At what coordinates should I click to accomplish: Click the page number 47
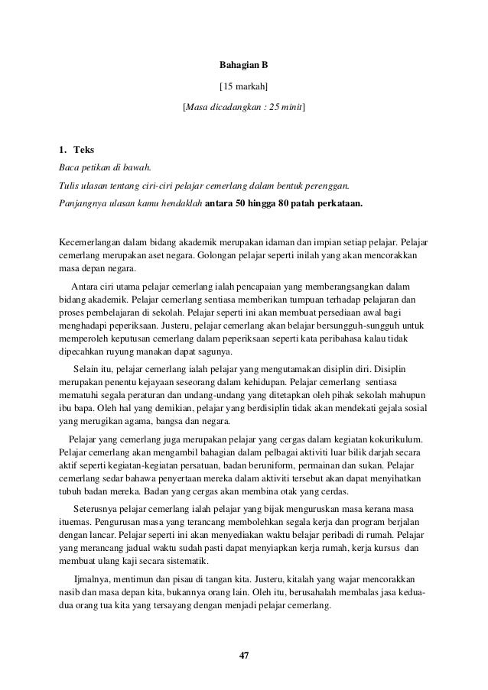pyautogui.click(x=244, y=655)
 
